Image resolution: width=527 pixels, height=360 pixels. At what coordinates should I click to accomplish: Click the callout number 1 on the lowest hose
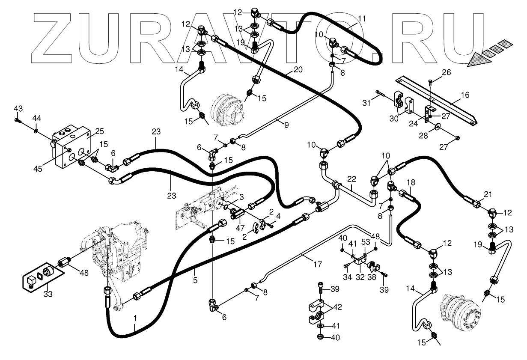135,318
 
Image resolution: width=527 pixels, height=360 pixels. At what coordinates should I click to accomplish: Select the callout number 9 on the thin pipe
286,125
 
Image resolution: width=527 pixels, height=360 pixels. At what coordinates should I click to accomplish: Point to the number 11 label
362,19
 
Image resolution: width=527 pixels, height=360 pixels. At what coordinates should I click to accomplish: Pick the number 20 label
298,69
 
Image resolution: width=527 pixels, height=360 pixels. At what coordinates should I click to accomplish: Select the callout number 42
338,307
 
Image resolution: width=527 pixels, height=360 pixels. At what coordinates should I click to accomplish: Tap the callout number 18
411,182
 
